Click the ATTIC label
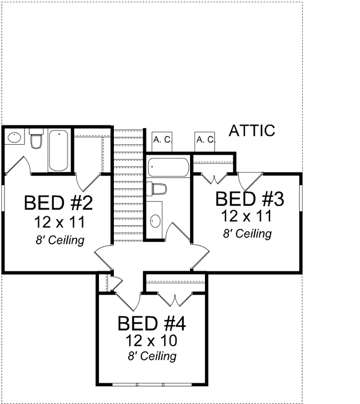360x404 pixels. click(252, 131)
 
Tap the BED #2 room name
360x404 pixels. click(58, 203)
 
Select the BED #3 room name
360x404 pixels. click(250, 199)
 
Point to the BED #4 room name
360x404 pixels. click(152, 324)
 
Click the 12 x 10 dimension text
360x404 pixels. click(151, 341)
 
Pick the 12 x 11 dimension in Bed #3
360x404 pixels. click(247, 216)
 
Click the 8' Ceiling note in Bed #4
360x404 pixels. click(152, 357)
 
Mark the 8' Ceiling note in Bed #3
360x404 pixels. click(247, 233)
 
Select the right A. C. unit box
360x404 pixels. click(205, 140)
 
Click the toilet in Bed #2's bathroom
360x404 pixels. click(37, 139)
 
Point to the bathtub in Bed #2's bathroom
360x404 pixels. click(58, 150)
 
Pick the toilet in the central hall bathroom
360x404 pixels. click(156, 188)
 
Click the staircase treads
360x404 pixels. click(127, 183)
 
